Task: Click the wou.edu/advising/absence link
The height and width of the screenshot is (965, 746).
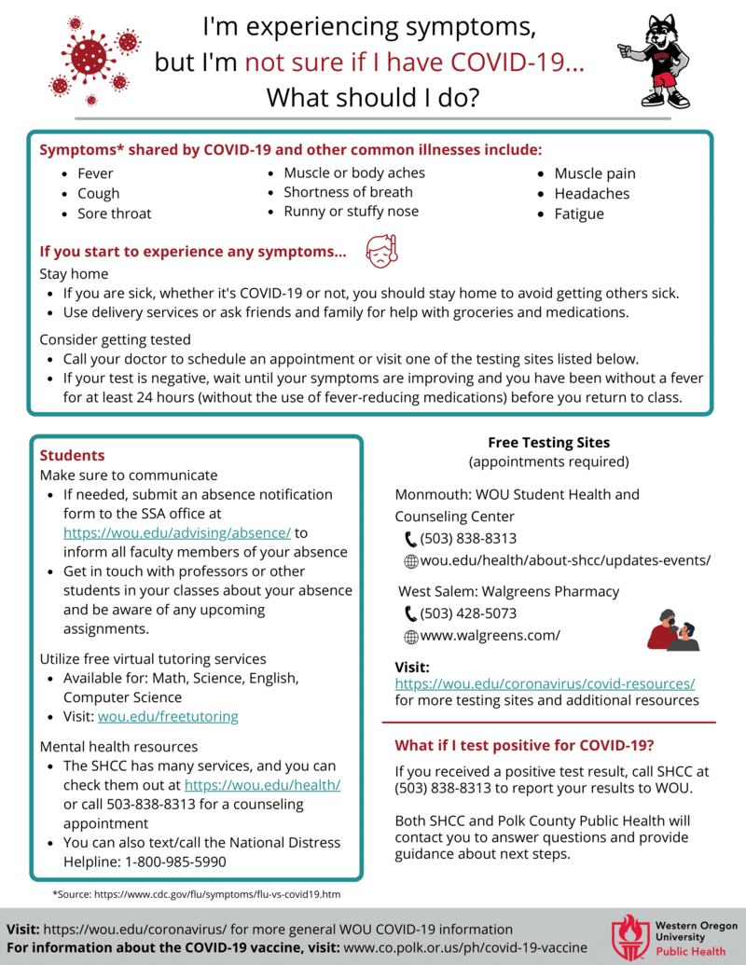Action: point(177,532)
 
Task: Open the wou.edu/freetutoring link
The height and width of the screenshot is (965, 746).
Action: point(168,716)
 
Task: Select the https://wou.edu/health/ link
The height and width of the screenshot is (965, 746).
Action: point(262,785)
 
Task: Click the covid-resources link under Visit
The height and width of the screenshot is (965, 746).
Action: point(545,683)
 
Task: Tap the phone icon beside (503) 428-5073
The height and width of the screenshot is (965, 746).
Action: point(410,613)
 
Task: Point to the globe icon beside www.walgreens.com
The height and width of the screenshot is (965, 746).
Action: point(410,636)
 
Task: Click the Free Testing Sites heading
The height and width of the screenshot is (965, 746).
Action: point(548,442)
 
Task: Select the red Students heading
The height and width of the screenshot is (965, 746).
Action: point(72,456)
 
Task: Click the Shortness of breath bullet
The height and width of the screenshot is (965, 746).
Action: point(348,192)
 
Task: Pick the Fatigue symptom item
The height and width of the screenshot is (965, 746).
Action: point(578,214)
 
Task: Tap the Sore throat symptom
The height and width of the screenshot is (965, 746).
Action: point(114,214)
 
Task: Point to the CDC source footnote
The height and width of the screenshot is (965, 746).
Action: point(196,894)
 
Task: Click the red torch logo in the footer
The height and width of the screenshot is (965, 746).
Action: point(629,936)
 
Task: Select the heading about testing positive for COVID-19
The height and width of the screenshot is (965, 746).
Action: point(524,745)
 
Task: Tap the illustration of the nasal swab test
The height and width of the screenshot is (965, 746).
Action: point(672,631)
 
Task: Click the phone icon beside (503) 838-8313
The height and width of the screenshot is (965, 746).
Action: point(410,538)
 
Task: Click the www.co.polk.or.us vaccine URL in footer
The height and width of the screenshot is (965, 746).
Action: point(465,946)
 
